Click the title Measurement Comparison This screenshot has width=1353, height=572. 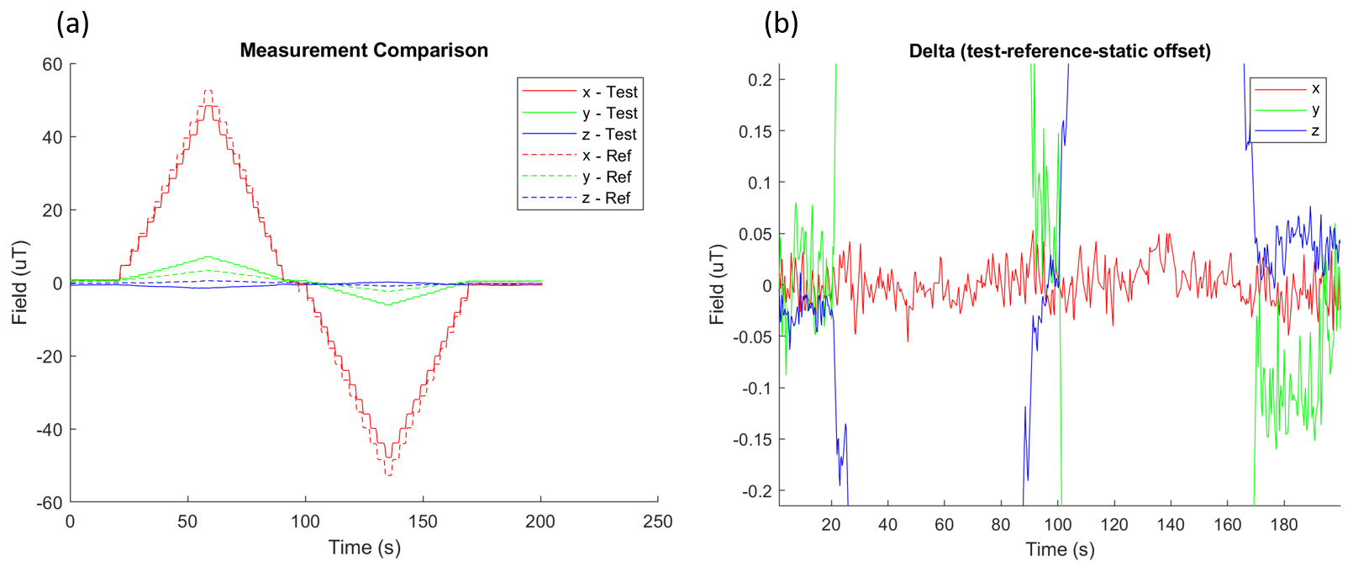(364, 50)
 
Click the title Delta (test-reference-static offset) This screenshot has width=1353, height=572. (1060, 51)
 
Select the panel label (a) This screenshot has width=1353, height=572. (72, 24)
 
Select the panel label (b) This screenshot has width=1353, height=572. (781, 24)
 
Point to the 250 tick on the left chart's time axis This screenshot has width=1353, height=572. (657, 522)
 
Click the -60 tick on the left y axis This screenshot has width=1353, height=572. (51, 503)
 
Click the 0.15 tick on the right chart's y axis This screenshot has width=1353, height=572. (755, 131)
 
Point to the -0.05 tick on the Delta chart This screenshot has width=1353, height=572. (752, 337)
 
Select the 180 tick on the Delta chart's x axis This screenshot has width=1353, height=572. (1284, 525)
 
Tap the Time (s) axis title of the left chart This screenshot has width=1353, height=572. (364, 548)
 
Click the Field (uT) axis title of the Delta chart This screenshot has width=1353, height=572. (716, 284)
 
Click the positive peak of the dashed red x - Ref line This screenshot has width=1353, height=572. (208, 90)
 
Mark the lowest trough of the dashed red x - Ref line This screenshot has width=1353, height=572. (388, 475)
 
